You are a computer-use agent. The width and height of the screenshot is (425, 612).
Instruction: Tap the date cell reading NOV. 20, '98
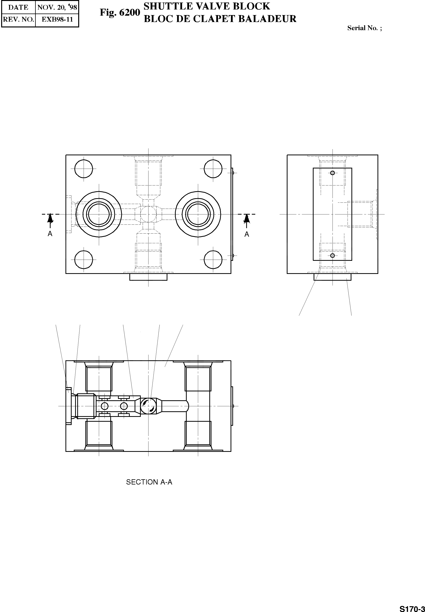57,7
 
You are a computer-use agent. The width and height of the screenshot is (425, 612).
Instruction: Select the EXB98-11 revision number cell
57,20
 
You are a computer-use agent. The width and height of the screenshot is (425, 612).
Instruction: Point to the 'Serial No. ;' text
364,28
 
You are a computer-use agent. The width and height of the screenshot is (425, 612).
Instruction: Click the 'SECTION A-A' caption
149,482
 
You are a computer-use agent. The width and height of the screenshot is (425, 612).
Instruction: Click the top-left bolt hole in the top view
84,169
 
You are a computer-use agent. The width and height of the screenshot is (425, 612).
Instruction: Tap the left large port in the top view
99,214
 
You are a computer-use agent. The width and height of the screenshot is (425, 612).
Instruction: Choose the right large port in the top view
198,214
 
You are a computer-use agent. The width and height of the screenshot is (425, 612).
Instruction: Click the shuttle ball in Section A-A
148,406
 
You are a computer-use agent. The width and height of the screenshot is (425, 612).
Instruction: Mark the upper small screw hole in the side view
332,173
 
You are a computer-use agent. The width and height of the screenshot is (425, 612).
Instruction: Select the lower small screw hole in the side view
332,256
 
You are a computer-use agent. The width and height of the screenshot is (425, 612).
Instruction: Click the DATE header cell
18,7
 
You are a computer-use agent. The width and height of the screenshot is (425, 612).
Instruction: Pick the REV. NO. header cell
18,20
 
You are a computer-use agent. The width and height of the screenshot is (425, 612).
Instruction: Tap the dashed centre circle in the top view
148,214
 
